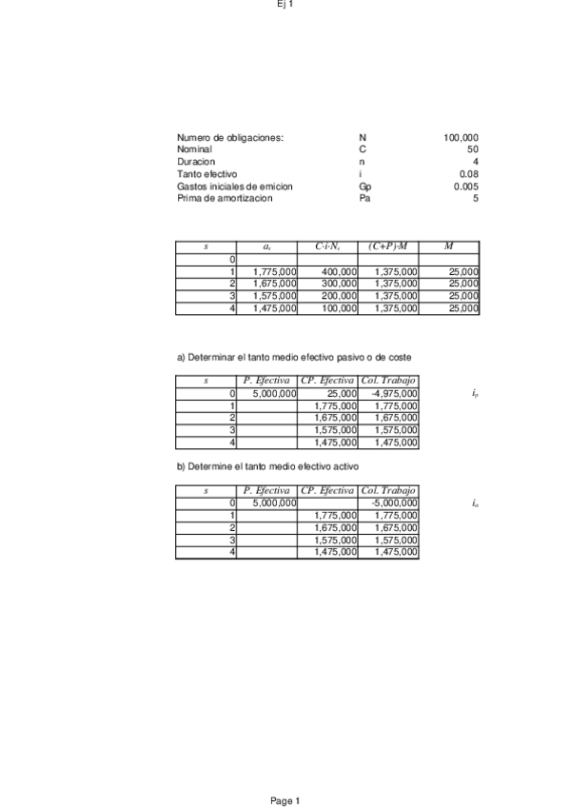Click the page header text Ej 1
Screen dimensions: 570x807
(x=285, y=5)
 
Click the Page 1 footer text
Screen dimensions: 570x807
(x=285, y=801)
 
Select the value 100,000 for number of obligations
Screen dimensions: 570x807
(x=462, y=138)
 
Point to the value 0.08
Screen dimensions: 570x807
(x=469, y=174)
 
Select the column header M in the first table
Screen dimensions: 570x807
(x=448, y=247)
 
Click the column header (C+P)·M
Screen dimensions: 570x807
(x=387, y=247)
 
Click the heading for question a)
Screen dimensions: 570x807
(x=294, y=357)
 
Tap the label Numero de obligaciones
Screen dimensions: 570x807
(x=230, y=138)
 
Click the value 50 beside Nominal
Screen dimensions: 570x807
(x=473, y=150)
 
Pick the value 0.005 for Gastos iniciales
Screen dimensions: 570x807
(x=466, y=187)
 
